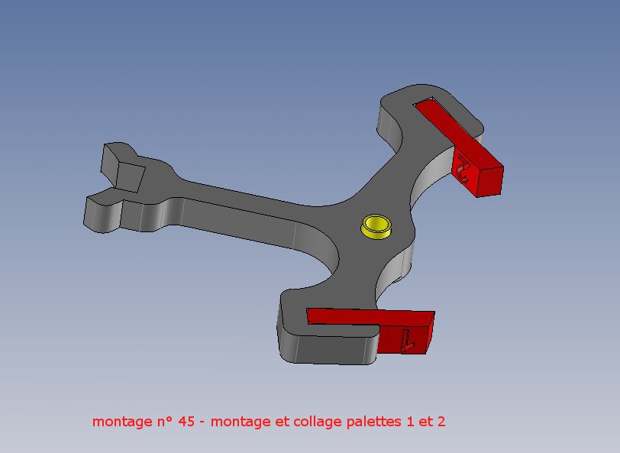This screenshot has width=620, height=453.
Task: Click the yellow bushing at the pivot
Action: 376,227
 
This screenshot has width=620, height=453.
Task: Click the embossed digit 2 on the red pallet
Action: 462,170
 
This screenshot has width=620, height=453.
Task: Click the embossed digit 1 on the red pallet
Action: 406,340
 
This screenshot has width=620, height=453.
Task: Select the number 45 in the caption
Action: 186,422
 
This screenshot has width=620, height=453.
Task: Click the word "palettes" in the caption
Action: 373,422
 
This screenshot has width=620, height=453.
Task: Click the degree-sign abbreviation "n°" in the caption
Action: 160,422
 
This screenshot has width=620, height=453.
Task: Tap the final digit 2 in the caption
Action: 441,422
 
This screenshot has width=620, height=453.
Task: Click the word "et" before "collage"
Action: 282,422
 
